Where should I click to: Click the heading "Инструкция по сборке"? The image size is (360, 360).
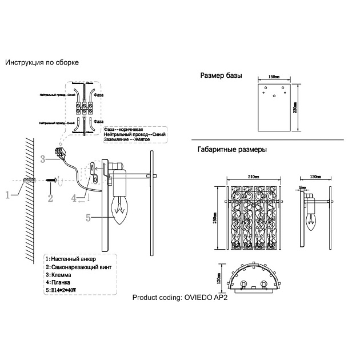42,62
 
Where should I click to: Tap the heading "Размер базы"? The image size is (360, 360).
221,76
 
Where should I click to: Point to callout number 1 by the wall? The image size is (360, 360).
7,195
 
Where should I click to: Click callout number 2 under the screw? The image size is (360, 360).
50,198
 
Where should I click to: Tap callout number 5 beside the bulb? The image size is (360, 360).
88,217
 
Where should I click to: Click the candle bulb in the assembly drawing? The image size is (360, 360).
122,213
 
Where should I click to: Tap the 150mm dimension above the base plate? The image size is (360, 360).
274,76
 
